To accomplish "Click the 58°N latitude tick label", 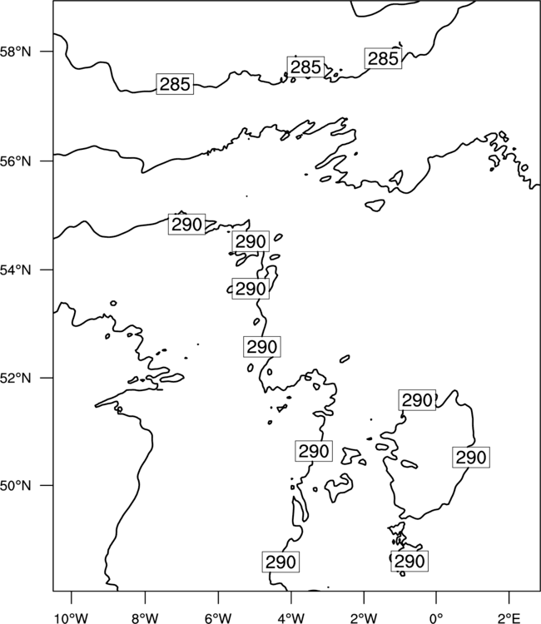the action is (15, 52).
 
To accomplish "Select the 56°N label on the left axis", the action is (15, 161).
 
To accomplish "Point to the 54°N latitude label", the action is (15, 270).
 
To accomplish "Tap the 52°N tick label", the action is (15, 378).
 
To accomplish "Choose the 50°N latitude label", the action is (15, 486).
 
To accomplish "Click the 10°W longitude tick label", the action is (72, 618).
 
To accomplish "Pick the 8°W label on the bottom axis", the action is (145, 618).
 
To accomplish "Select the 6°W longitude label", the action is (218, 618).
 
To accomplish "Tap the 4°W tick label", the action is (291, 618).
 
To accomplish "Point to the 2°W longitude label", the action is (364, 618).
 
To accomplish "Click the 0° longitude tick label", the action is (436, 618).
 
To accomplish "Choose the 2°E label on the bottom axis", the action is (509, 618).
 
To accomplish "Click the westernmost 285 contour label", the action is (175, 84).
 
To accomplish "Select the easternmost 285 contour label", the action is (383, 58).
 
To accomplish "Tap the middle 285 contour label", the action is (305, 67).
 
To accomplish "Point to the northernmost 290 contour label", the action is (186, 224).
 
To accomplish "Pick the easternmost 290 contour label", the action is (471, 458).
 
